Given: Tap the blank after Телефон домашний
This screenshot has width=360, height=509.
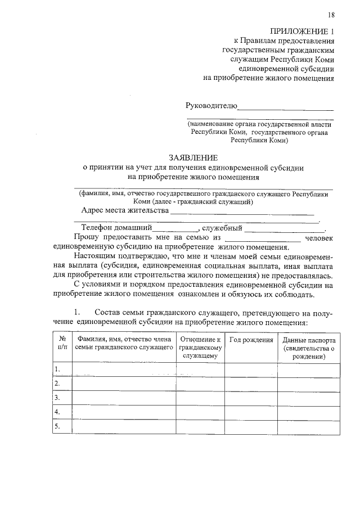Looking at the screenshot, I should coord(175,229).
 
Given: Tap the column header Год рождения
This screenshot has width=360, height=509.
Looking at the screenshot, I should coord(251,340).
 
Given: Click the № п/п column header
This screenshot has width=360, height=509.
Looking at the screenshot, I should coord(62,344).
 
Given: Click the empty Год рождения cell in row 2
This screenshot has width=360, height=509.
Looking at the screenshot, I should coord(251,384).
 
